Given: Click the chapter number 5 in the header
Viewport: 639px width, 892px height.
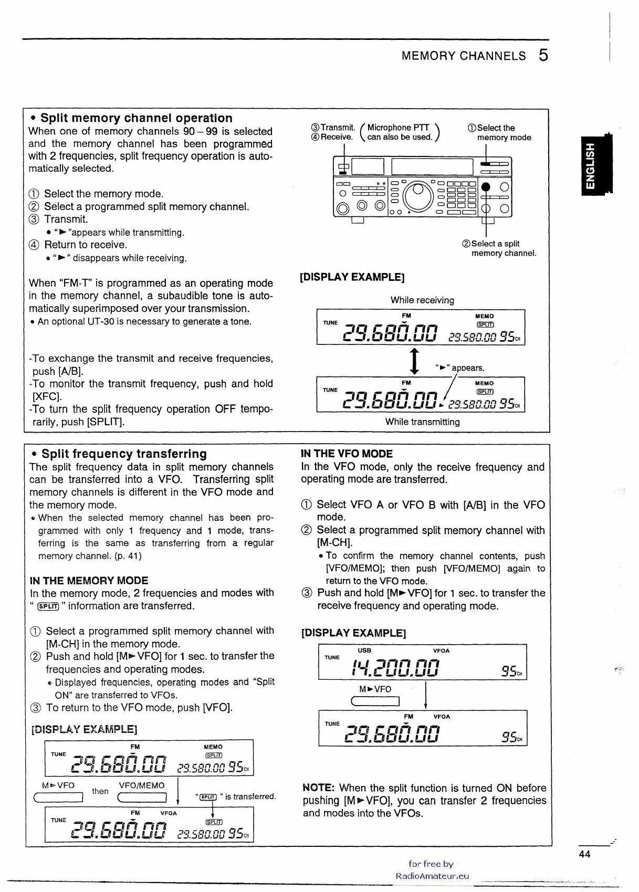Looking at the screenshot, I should (x=543, y=55).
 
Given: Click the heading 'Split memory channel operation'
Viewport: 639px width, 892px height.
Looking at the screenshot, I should (x=137, y=118).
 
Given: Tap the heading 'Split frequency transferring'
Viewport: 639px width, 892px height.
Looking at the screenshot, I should (x=124, y=454).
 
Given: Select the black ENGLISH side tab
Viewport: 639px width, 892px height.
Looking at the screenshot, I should (x=592, y=165).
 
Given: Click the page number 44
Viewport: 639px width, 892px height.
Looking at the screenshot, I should (x=584, y=854).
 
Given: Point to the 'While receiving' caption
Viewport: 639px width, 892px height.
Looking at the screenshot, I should (x=422, y=300).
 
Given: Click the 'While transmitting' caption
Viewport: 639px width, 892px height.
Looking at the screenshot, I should (x=422, y=422).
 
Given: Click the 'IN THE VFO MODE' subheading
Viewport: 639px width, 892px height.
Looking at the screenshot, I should (x=347, y=454).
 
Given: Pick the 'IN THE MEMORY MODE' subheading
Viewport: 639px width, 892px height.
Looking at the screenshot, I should (x=89, y=580).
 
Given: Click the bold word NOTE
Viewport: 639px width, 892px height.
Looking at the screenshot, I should (x=319, y=788).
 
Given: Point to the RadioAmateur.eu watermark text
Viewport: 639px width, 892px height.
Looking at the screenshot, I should (x=432, y=876).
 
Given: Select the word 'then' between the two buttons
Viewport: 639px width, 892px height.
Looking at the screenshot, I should (x=100, y=791).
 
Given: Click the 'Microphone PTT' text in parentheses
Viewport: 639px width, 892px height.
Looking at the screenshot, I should (x=398, y=128).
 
